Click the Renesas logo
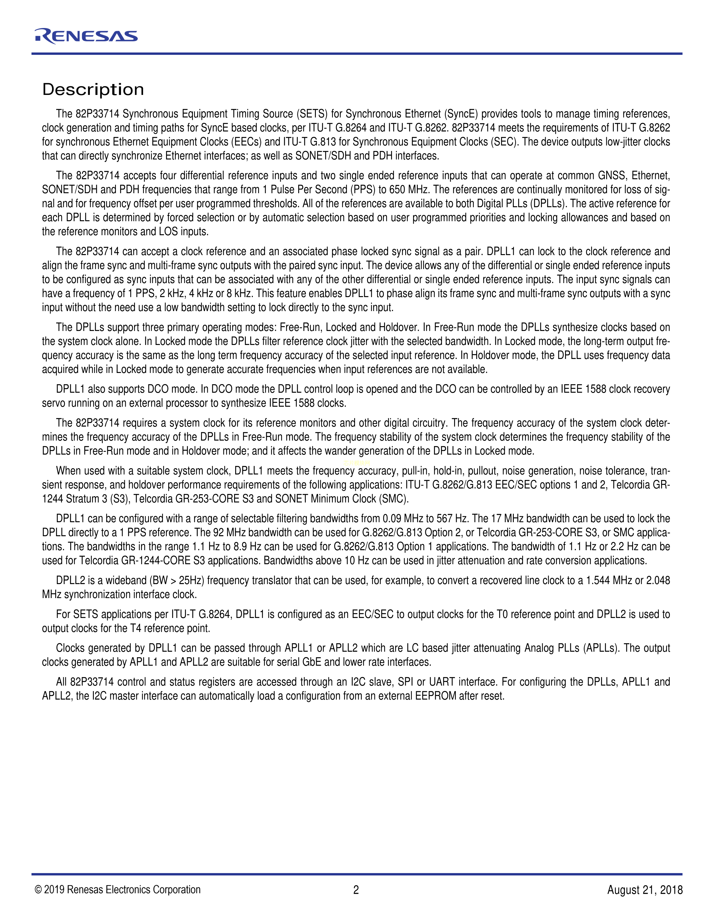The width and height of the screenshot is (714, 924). tap(86, 36)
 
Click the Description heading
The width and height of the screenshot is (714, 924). tap(93, 90)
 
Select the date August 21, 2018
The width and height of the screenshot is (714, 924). tap(645, 890)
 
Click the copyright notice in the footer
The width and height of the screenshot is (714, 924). tap(118, 890)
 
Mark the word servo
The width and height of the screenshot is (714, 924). tap(54, 403)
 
